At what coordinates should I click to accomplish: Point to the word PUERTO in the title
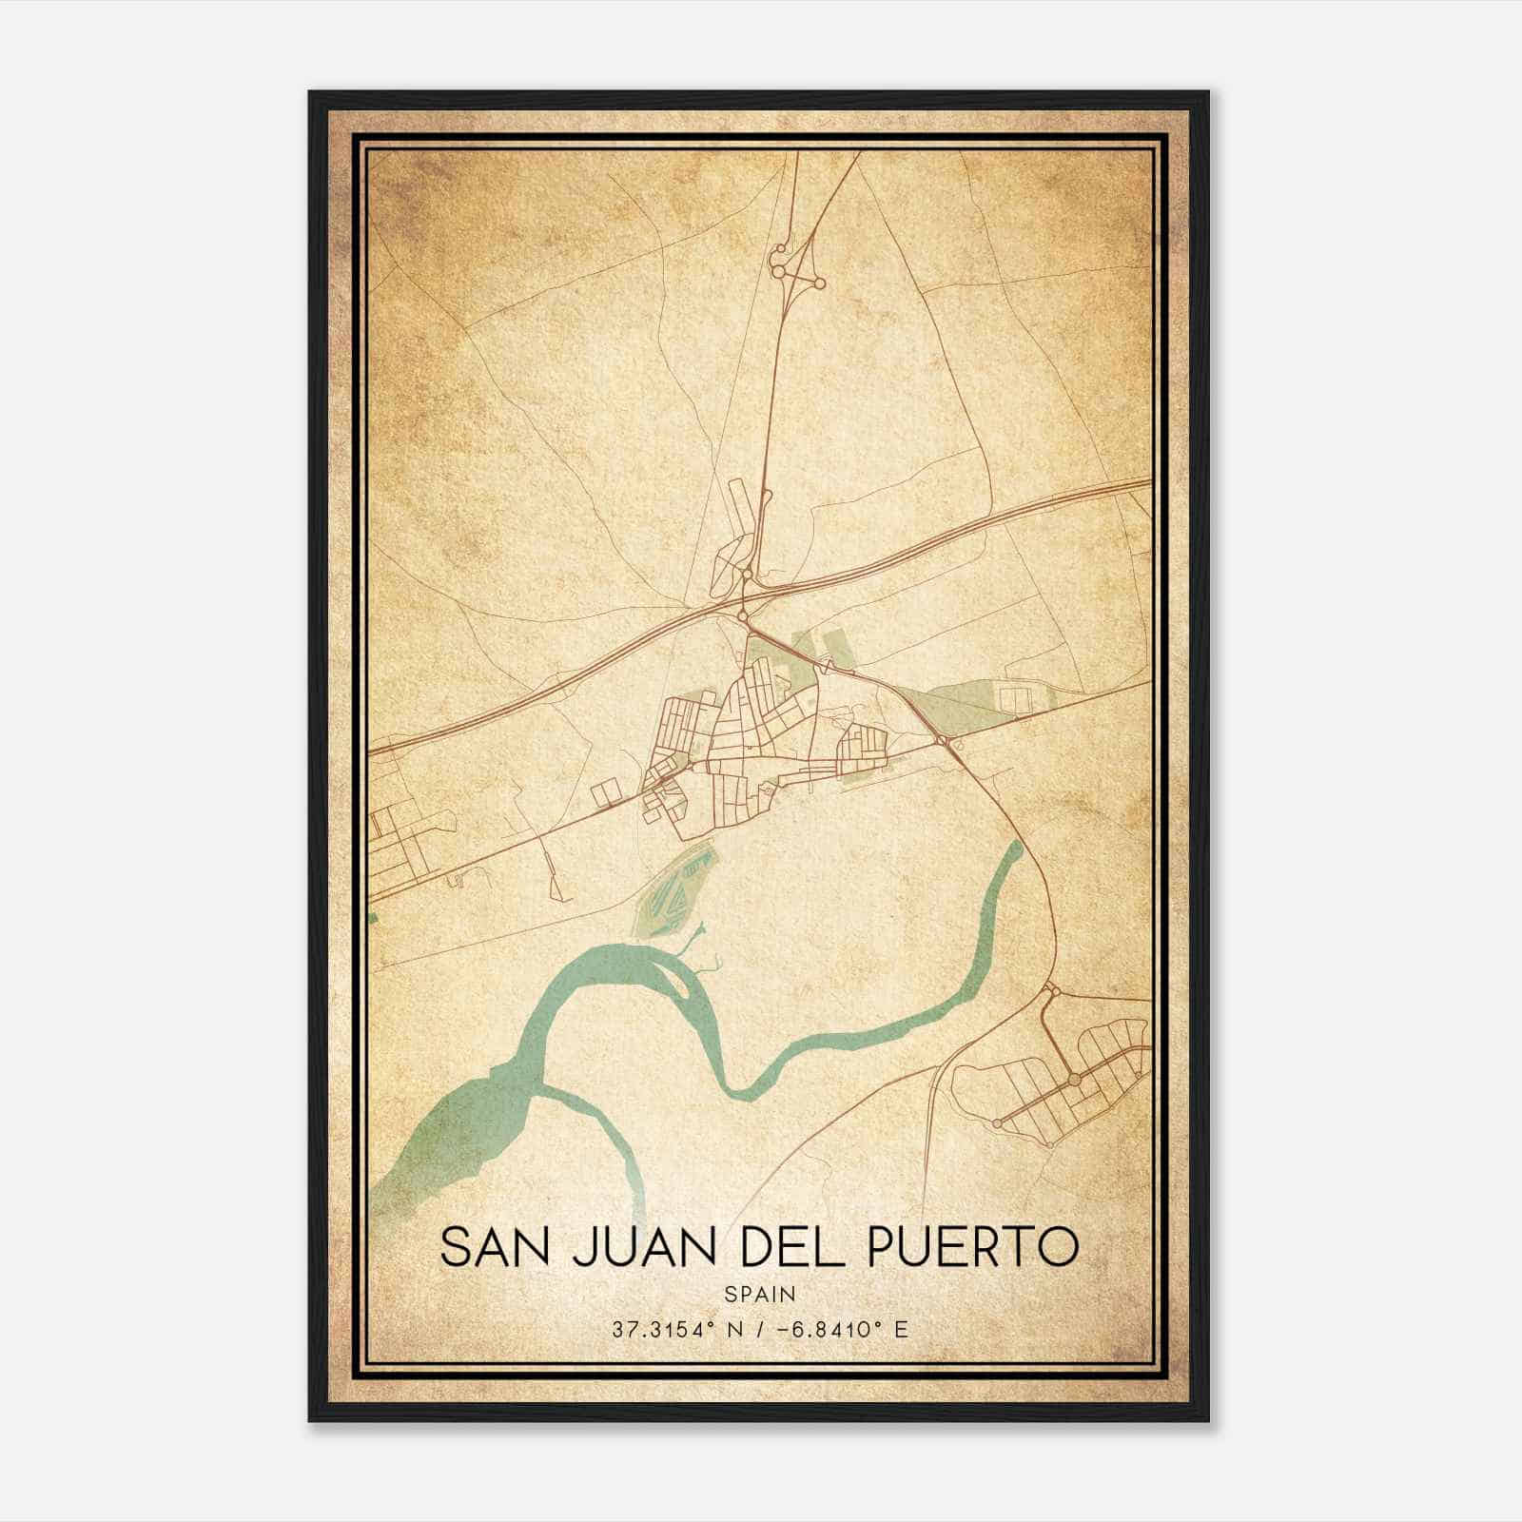974,1247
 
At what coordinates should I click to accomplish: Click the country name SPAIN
759,1295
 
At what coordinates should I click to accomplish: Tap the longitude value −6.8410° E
845,1329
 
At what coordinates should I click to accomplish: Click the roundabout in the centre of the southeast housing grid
1074,1079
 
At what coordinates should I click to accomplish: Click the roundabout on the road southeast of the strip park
941,740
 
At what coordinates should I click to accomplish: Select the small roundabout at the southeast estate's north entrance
1052,992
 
